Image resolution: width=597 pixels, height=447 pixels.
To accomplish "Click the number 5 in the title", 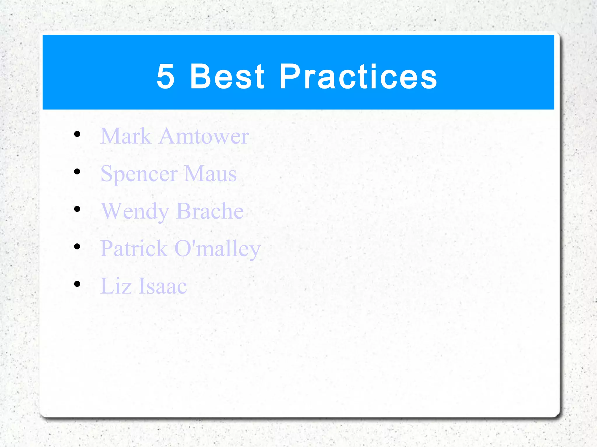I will point(166,77).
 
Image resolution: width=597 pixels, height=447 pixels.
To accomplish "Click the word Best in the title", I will point(227,77).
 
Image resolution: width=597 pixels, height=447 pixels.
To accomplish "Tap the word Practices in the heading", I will point(358,77).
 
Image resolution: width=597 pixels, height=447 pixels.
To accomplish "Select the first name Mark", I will point(126,136).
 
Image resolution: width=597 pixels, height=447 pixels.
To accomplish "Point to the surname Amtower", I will point(204,136).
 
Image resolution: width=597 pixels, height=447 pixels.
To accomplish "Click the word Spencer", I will point(139,174).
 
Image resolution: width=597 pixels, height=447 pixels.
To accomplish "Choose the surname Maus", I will point(210,174).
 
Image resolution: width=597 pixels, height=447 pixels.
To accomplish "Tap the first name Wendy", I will point(135,211).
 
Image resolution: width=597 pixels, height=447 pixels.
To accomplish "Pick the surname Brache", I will point(210,211).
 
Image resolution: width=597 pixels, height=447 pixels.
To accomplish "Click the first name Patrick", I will point(134,248).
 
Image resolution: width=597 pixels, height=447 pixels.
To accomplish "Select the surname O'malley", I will point(217,249).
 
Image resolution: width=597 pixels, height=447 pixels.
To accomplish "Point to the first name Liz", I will point(116,286).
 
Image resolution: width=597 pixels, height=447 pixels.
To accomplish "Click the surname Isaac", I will point(163,286).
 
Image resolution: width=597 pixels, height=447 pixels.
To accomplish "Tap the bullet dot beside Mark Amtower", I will point(77,134).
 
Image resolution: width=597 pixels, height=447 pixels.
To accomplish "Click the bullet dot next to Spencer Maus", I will point(77,172).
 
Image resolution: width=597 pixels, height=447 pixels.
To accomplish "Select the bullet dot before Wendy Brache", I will point(77,209).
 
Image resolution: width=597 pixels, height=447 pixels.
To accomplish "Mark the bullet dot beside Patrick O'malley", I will point(77,246).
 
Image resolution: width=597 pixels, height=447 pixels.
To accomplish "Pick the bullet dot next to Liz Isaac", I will point(77,284).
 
